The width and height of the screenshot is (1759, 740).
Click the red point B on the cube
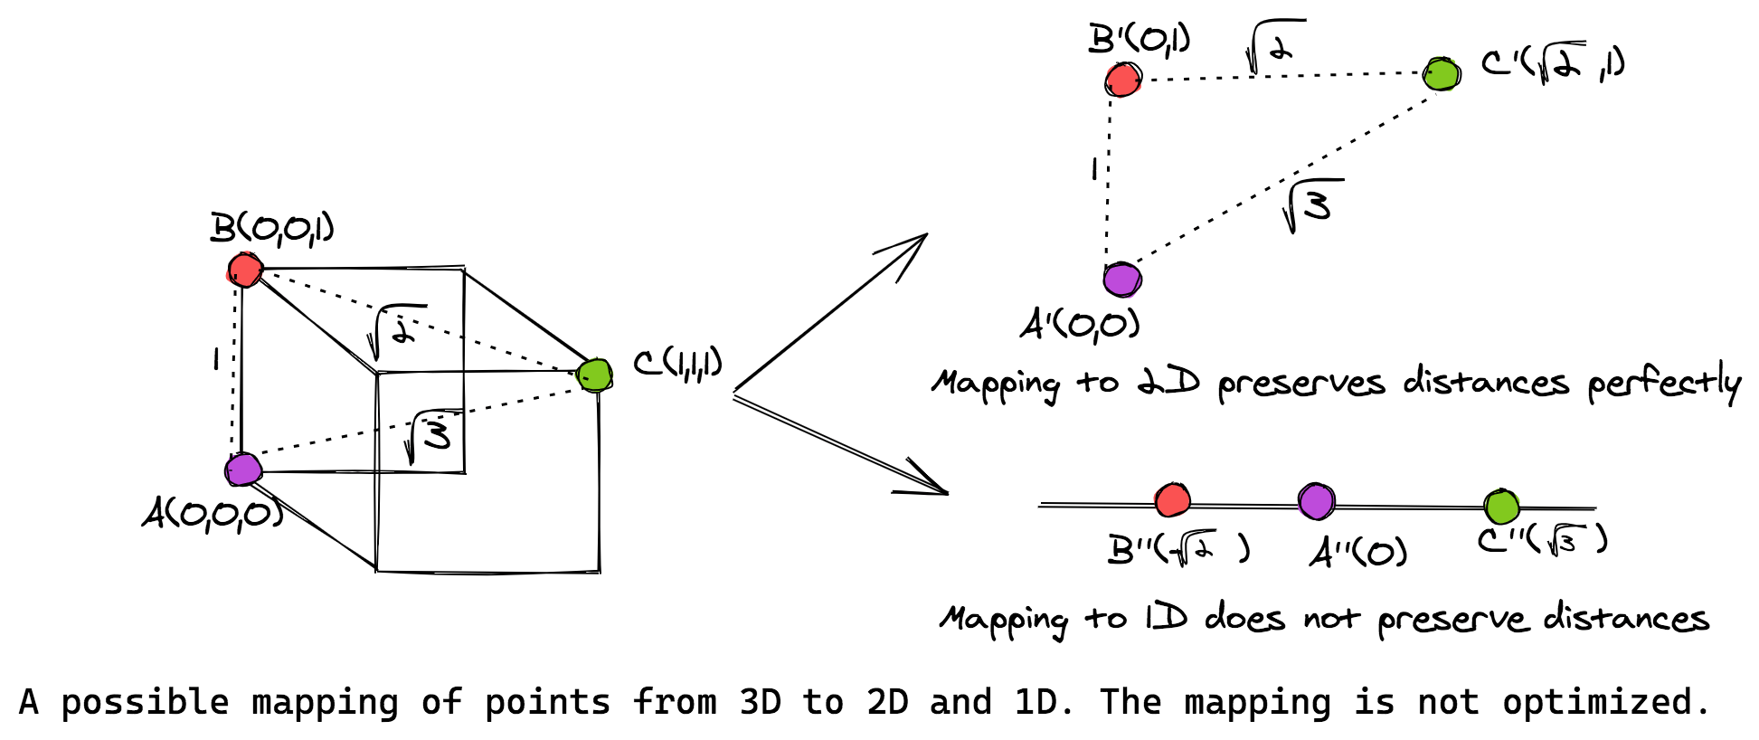244,270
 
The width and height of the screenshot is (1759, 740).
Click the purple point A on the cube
243,470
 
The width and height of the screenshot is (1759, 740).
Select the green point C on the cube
594,374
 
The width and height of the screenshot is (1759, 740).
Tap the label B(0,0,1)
271,229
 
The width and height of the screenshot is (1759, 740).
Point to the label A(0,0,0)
213,515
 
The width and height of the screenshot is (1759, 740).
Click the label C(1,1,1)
677,364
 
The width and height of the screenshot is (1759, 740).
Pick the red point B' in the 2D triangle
1123,80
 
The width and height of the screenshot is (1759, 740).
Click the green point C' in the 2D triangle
1441,74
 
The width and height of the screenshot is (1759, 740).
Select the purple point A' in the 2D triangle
1122,279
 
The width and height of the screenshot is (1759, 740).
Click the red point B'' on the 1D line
1172,499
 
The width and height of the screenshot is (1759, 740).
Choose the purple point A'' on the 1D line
1316,500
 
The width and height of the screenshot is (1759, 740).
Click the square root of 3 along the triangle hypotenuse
1311,204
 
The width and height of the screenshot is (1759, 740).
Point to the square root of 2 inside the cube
395,331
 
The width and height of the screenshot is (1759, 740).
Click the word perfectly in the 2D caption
1664,384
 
